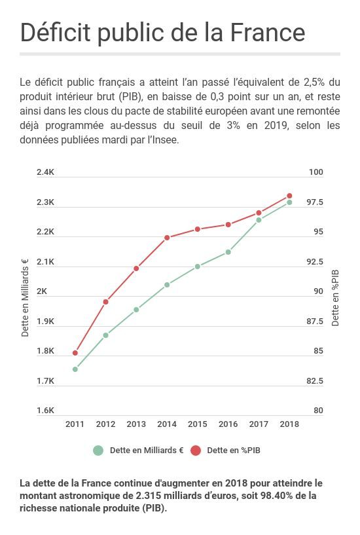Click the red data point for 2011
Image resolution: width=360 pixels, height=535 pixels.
(75, 353)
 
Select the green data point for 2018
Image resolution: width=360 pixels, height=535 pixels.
(289, 202)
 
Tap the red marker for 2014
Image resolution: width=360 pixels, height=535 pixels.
(167, 238)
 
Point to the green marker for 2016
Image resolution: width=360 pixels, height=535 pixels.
(228, 252)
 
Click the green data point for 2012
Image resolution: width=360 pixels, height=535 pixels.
(106, 335)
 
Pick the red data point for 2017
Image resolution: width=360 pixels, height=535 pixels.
(259, 213)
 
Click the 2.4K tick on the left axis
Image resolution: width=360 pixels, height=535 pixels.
(45, 172)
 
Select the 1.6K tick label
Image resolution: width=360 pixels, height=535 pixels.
(45, 411)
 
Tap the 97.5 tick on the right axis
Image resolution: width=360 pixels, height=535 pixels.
(315, 202)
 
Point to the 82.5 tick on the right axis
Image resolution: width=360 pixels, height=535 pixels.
(315, 381)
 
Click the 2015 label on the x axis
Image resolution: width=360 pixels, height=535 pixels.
(198, 424)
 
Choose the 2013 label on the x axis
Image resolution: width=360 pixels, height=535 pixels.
(136, 424)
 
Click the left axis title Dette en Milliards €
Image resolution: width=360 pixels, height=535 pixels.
(26, 297)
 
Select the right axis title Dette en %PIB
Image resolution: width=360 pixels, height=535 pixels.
(336, 297)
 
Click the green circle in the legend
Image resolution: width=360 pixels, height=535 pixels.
(98, 451)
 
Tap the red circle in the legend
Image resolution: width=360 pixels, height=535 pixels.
(196, 451)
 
